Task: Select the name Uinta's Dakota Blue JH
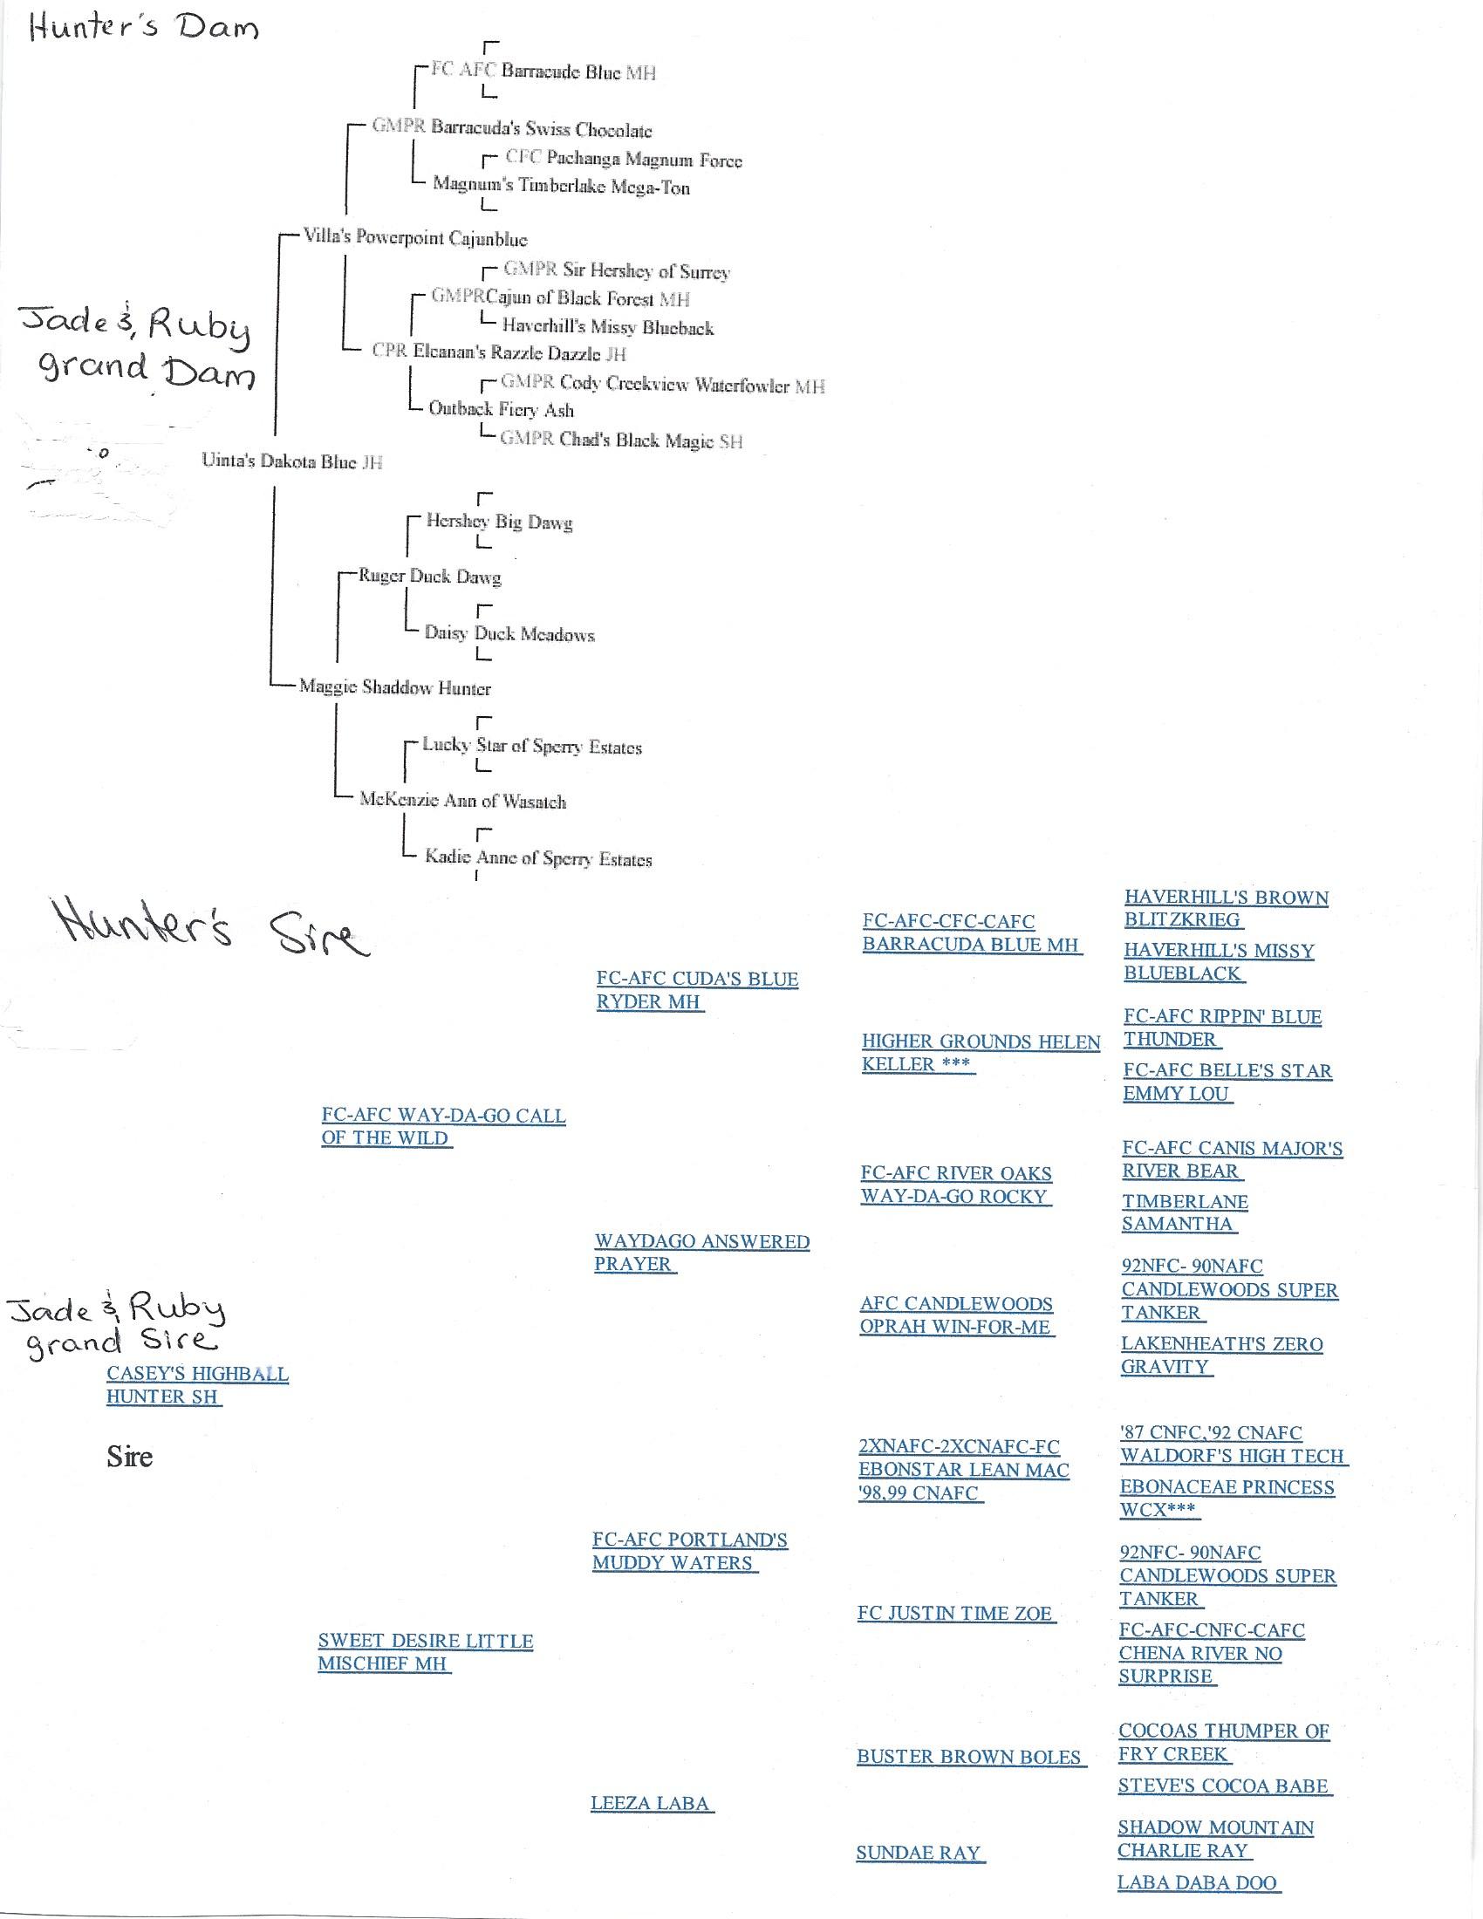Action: pyautogui.click(x=291, y=461)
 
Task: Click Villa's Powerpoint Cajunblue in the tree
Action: pyautogui.click(x=414, y=238)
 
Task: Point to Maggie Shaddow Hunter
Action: pyautogui.click(x=394, y=688)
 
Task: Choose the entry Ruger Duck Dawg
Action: pyautogui.click(x=428, y=577)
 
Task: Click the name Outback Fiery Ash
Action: pyautogui.click(x=501, y=409)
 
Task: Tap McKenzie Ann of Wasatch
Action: pyautogui.click(x=462, y=801)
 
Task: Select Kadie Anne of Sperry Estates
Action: pyautogui.click(x=537, y=858)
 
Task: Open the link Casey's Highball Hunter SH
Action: pyautogui.click(x=197, y=1385)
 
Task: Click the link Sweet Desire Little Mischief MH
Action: pyautogui.click(x=425, y=1652)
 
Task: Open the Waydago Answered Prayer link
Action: pyautogui.click(x=701, y=1252)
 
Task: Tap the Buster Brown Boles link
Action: pyautogui.click(x=969, y=1758)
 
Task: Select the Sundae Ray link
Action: pyautogui.click(x=918, y=1853)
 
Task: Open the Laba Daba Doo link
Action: pyautogui.click(x=1197, y=1883)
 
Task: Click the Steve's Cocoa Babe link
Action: pyautogui.click(x=1223, y=1786)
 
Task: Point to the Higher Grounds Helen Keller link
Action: pyautogui.click(x=981, y=1053)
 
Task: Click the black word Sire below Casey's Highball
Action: pyautogui.click(x=129, y=1457)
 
